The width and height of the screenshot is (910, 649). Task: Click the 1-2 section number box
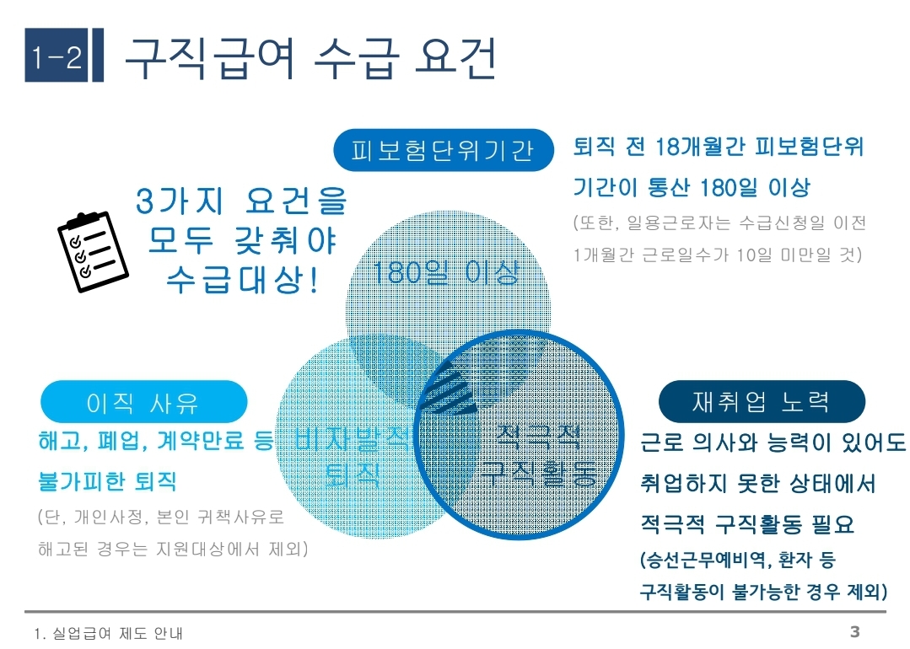57,58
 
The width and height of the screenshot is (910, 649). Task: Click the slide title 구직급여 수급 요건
310,57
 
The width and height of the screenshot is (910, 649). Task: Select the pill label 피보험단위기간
443,151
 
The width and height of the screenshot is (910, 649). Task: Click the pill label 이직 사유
143,402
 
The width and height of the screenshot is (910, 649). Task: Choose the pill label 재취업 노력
761,402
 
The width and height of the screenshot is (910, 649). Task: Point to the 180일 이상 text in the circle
447,272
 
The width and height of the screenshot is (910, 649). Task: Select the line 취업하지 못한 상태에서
758,484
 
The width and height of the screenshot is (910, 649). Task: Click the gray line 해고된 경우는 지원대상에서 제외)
173,550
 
